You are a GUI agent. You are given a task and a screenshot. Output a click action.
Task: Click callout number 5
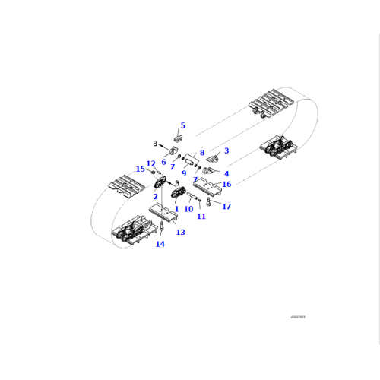pos(182,125)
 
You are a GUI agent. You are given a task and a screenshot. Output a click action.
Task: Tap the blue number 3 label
pos(226,150)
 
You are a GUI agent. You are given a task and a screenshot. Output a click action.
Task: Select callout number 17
pos(226,206)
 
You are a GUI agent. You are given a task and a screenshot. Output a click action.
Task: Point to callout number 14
pos(160,244)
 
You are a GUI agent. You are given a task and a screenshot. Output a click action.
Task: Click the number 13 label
pos(180,232)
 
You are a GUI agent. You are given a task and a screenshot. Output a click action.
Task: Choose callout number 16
pos(226,185)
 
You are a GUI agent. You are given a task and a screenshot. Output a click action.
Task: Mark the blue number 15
pos(140,169)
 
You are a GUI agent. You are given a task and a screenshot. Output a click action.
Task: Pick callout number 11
pos(201,217)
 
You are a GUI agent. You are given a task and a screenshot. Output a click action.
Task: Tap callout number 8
pos(201,153)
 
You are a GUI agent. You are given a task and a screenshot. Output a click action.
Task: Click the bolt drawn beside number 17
pos(210,201)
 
